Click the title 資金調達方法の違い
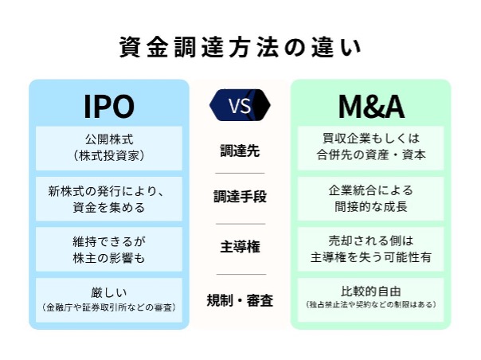[x=240, y=48]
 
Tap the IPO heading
[x=109, y=106]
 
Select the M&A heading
[x=371, y=106]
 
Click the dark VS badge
[x=240, y=105]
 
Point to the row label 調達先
[x=240, y=151]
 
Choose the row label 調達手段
[x=240, y=197]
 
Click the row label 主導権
[x=240, y=247]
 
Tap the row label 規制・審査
[x=240, y=300]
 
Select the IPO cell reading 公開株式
[x=109, y=148]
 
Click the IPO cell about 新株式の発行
[x=109, y=199]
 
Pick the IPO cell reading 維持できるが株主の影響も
[x=109, y=249]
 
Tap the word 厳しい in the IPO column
[x=109, y=292]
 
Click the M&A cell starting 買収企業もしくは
[x=371, y=148]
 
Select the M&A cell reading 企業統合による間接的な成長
[x=371, y=199]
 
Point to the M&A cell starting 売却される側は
[x=371, y=249]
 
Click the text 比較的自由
[x=371, y=292]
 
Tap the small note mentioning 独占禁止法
[x=371, y=305]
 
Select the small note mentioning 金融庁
[x=109, y=307]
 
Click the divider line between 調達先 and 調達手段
[x=240, y=173]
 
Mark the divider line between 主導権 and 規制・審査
[x=241, y=274]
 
